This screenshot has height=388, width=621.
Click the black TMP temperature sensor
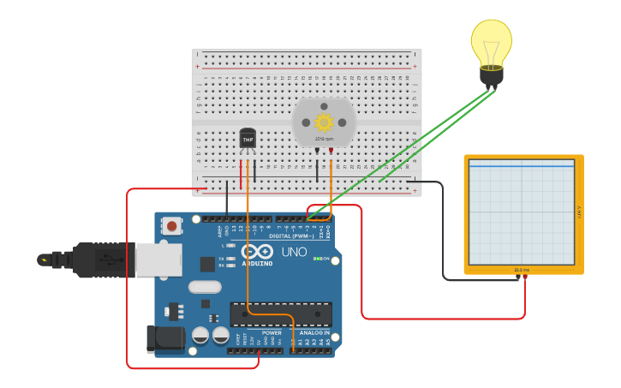248,138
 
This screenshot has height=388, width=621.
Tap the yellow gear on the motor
324,122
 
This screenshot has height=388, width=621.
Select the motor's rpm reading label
324,139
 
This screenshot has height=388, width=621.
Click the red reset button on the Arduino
172,226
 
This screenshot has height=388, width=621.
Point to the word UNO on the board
294,252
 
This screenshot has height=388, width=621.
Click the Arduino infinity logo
257,252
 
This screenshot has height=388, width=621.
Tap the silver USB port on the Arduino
159,259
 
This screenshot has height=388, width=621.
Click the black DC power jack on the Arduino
164,338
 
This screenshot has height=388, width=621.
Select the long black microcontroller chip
281,313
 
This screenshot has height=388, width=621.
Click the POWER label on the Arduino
272,332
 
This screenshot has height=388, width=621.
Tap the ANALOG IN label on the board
313,332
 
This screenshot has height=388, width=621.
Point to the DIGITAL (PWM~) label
292,236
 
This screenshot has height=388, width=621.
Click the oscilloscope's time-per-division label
521,270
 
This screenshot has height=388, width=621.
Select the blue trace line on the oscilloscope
521,166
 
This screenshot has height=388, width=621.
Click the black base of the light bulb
492,78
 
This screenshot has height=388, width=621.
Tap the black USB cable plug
94,260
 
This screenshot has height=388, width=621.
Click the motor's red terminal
331,150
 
